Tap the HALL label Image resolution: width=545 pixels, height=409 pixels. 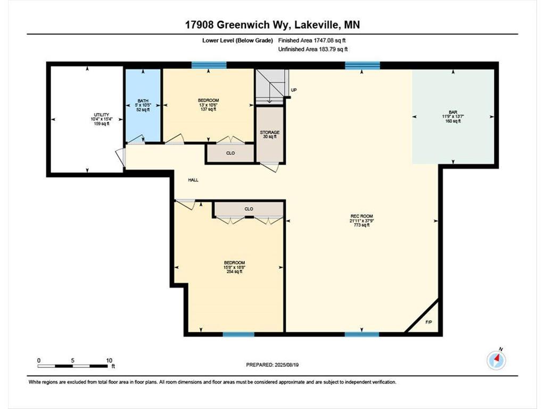click(x=193, y=180)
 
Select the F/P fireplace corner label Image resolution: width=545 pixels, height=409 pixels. click(x=428, y=323)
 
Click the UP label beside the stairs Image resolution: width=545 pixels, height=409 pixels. click(x=293, y=90)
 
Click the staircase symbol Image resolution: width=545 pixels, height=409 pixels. click(x=271, y=87)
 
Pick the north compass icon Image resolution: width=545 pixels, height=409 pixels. click(x=496, y=361)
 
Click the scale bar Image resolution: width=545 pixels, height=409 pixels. click(x=73, y=365)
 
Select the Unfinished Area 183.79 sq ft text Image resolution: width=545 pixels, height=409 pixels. click(x=313, y=50)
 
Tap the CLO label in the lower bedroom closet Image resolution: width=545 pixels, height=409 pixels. click(x=249, y=209)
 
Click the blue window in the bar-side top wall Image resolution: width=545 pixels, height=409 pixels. click(x=362, y=66)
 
